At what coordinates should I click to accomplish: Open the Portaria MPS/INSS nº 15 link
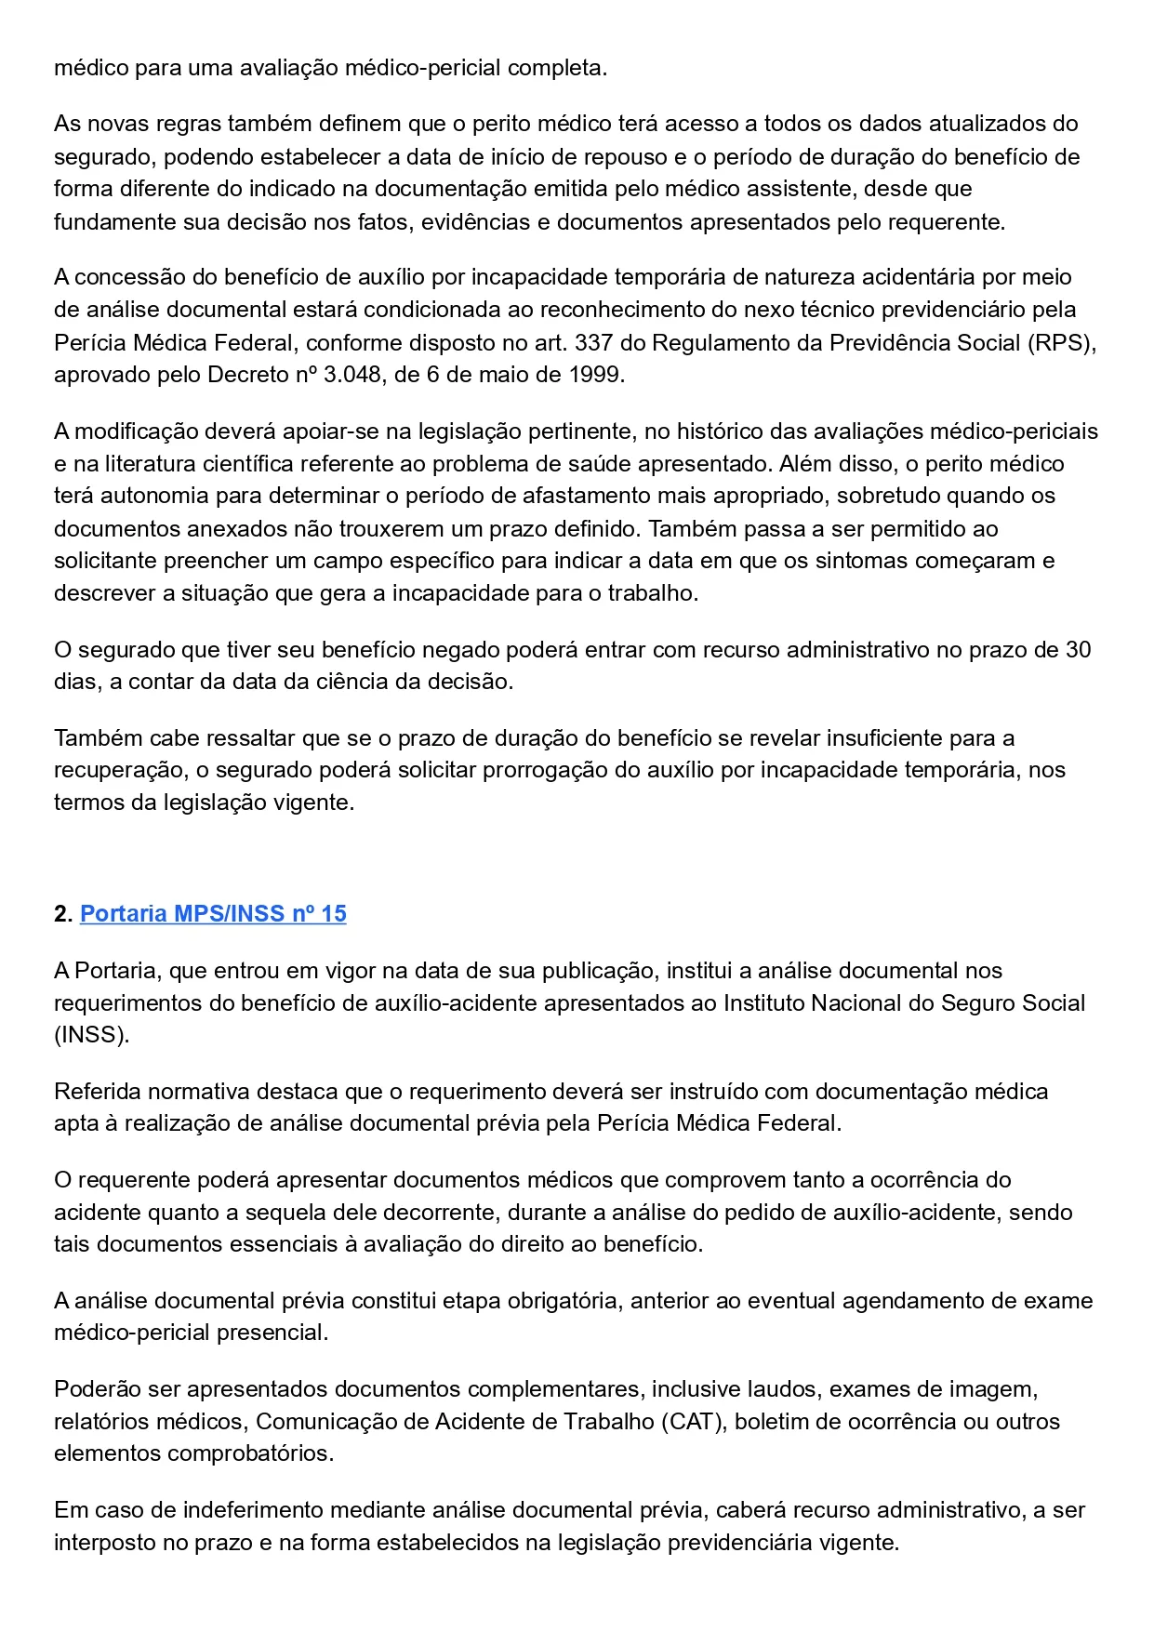[213, 914]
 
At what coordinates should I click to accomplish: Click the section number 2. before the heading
[63, 914]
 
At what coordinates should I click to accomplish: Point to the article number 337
[593, 343]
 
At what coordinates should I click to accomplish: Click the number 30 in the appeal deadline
[1078, 650]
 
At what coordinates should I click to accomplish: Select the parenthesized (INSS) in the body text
[91, 1036]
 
